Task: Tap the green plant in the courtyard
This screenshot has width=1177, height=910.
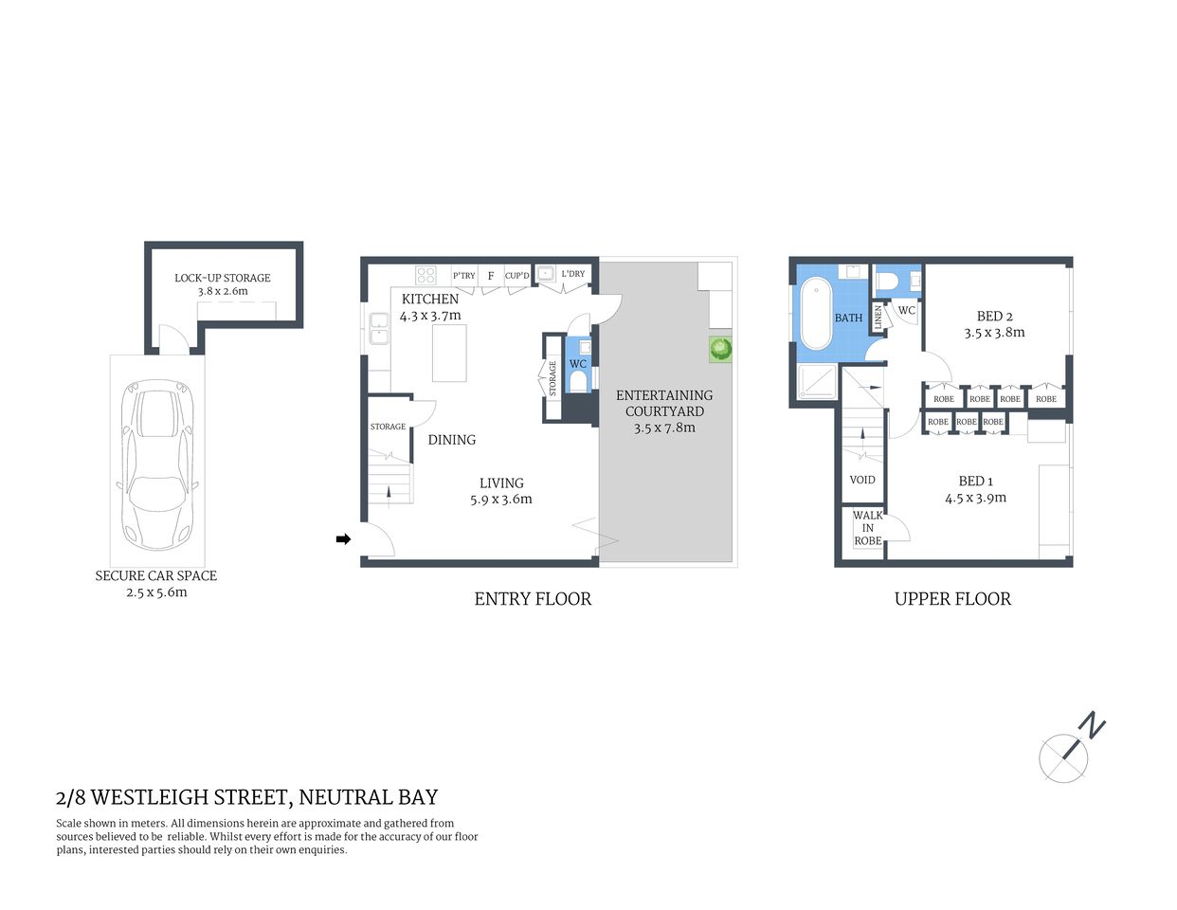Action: [x=721, y=349]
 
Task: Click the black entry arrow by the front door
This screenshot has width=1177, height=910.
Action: [x=343, y=539]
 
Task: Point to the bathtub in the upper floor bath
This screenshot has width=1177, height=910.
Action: [x=815, y=314]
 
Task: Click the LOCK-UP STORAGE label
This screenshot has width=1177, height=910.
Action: [x=222, y=278]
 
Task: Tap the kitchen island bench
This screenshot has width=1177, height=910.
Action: [x=450, y=352]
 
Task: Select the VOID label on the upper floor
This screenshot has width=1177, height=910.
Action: [x=861, y=480]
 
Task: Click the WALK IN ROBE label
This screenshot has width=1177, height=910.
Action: [x=867, y=528]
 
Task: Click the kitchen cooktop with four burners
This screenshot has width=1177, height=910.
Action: [x=426, y=275]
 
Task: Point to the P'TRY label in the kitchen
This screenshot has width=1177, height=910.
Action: [x=463, y=276]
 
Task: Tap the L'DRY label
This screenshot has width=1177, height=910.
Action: [x=572, y=274]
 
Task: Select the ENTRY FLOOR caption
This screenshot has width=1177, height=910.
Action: [x=533, y=599]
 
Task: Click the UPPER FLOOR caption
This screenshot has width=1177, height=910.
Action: [x=952, y=599]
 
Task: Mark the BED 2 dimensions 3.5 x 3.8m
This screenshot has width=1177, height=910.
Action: [x=994, y=333]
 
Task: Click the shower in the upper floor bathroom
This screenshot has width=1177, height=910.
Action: [x=817, y=381]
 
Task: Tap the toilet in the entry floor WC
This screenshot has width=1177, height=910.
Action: [x=578, y=381]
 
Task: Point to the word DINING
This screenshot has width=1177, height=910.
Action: [x=451, y=440]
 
